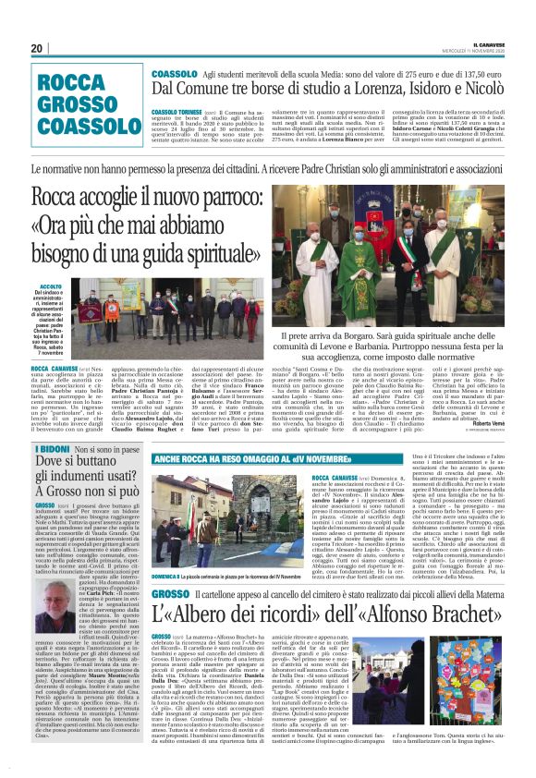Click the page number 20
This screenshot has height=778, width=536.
(x=37, y=48)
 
